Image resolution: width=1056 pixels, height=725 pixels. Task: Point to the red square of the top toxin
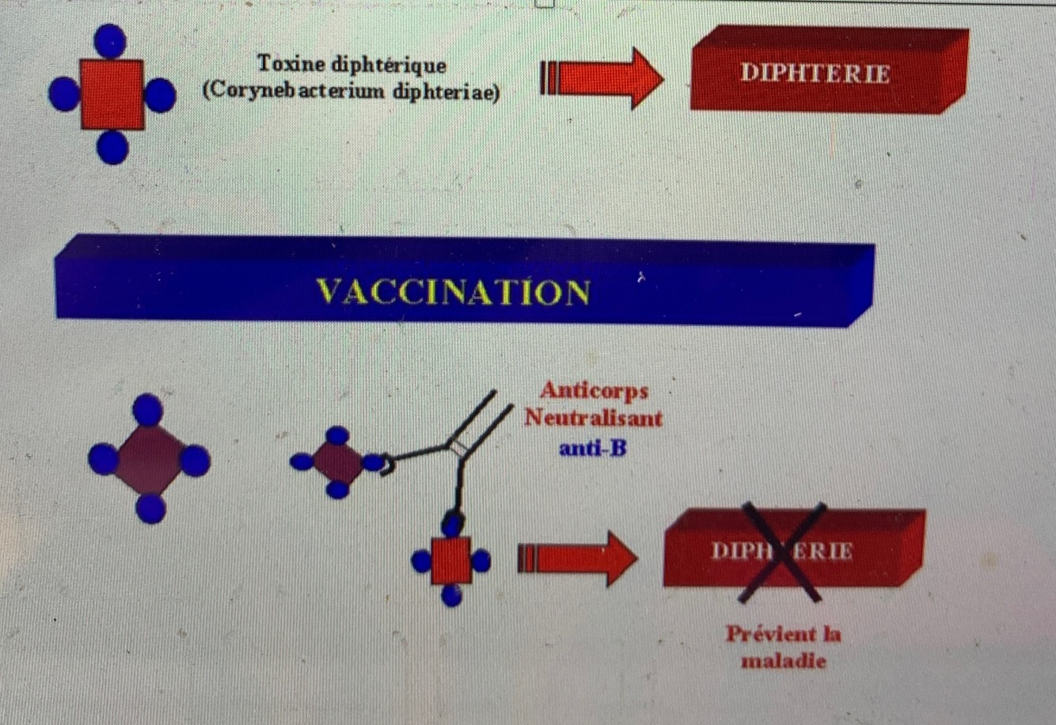tap(112, 94)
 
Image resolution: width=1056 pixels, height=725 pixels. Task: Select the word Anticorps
tap(594, 390)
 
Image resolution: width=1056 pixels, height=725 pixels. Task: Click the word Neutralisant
tap(593, 418)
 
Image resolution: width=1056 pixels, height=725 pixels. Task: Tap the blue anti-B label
tap(592, 448)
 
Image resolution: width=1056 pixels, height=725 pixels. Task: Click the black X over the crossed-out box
tap(782, 552)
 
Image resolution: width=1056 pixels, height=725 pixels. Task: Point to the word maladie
tap(783, 660)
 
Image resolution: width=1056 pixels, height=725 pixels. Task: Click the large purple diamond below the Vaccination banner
tap(149, 460)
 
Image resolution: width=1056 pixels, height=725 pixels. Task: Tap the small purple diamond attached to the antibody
tap(337, 462)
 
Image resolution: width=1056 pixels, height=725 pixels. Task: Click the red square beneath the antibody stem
tap(451, 560)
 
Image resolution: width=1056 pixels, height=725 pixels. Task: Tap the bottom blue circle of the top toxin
tap(112, 148)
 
